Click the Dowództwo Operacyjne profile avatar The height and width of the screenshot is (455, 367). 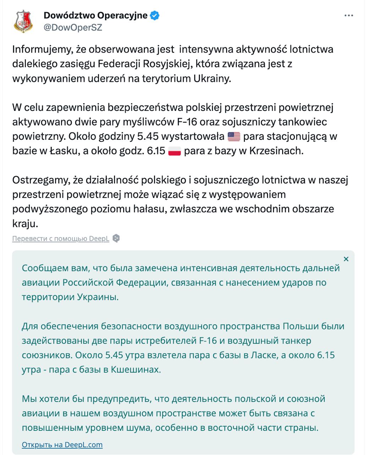point(23,21)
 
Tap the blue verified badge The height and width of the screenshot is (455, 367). point(155,16)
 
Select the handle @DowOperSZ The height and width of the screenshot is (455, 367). point(73,28)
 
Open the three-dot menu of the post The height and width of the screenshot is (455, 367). point(349,16)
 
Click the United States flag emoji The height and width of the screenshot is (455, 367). point(234,136)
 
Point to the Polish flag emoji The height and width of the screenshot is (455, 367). point(174,151)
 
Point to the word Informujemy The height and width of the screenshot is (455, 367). point(43,49)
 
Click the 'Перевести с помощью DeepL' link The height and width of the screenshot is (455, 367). point(61,239)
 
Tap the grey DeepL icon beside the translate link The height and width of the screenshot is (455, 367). point(116,239)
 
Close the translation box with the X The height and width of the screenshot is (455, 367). point(346,259)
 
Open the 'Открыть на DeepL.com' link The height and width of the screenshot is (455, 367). point(62,445)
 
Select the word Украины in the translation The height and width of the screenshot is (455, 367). point(98,297)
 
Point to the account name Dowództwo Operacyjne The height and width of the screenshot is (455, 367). point(95,16)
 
